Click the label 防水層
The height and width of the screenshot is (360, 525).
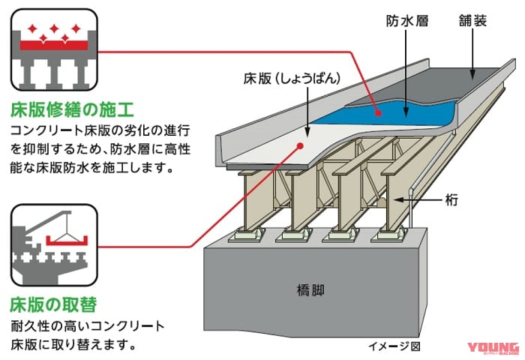(x=407, y=22)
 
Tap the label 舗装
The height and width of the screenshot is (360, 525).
(x=472, y=22)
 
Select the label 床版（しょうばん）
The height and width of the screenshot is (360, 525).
(x=286, y=78)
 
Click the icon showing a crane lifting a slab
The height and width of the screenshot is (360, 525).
(x=53, y=244)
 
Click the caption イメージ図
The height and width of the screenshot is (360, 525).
(x=394, y=346)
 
